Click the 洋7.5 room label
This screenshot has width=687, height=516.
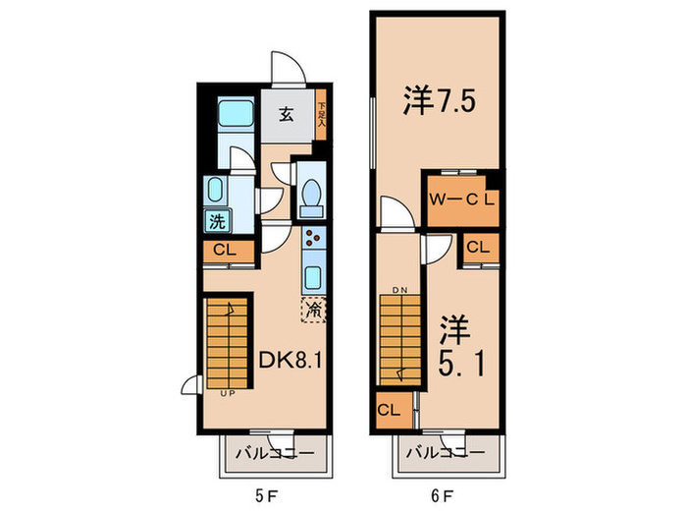[439, 101]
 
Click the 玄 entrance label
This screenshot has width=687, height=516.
[285, 114]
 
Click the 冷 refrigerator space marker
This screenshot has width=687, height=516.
[314, 310]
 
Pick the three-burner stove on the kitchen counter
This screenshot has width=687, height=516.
[314, 238]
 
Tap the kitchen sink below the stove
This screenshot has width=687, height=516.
[314, 275]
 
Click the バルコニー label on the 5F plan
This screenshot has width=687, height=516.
[274, 455]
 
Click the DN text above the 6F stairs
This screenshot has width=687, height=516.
[399, 291]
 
